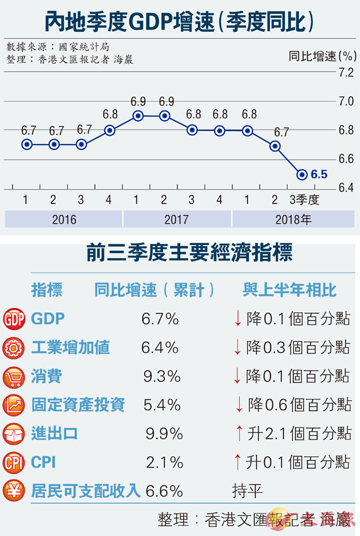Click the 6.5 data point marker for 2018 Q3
click(302, 175)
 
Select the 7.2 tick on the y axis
click(346, 73)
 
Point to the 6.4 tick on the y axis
click(346, 188)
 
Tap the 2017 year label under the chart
click(176, 219)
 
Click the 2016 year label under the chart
click(64, 219)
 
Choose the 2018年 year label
click(293, 219)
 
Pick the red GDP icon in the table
click(13, 319)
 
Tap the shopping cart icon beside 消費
click(13, 376)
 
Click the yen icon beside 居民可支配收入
click(13, 492)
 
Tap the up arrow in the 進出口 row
click(238, 433)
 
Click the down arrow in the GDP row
click(238, 319)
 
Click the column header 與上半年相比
click(290, 291)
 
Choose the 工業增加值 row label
click(70, 348)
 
